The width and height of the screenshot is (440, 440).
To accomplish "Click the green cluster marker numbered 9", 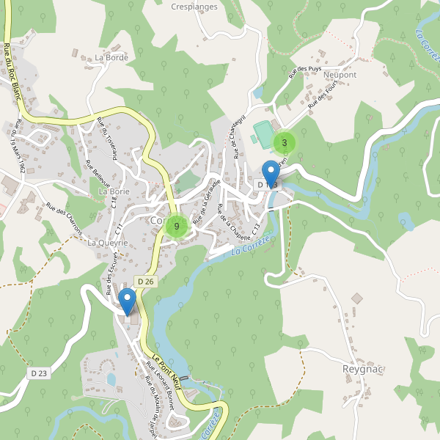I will [x=176, y=226].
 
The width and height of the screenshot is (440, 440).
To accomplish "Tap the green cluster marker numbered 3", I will [x=285, y=142].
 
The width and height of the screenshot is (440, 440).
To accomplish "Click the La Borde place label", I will [x=111, y=57].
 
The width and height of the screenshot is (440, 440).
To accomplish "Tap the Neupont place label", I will [x=339, y=76].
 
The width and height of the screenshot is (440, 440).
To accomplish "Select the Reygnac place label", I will [x=364, y=369].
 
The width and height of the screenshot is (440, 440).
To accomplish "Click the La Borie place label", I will [x=114, y=191].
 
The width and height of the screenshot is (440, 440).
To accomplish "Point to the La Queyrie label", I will [x=108, y=242].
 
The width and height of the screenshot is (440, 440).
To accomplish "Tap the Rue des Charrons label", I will [x=65, y=219].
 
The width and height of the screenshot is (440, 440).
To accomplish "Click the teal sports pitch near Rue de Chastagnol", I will [x=263, y=133].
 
